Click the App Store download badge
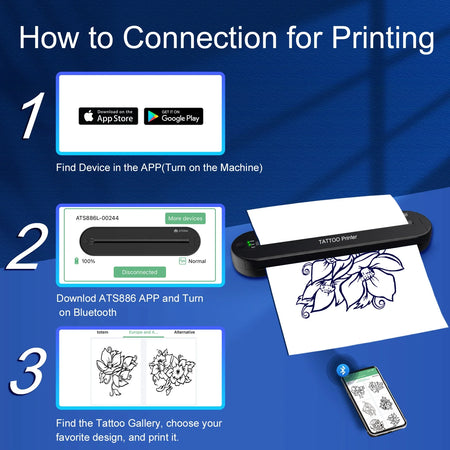click(108, 116)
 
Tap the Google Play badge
click(173, 116)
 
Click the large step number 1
click(30, 117)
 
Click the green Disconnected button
click(140, 272)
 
